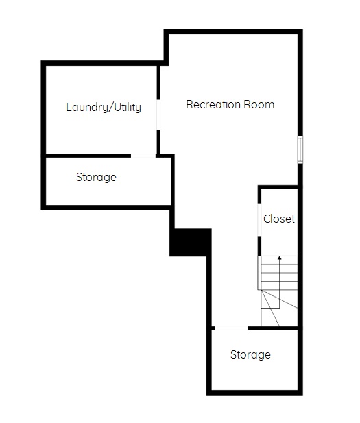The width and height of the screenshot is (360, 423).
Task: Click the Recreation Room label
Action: pos(230,104)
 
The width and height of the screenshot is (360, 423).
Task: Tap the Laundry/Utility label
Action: pos(104,107)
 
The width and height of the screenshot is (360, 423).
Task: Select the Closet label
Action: pos(279,219)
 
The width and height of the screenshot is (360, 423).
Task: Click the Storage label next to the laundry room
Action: pos(96,178)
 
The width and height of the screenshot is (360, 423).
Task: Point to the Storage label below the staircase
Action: pos(250,354)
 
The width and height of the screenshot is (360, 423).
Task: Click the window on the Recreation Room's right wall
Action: pos(300,150)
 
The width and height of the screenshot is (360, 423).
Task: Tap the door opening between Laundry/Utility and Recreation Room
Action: pos(158,114)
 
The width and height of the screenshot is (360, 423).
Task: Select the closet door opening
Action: pos(259,219)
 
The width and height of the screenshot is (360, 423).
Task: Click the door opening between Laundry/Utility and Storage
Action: pos(143,156)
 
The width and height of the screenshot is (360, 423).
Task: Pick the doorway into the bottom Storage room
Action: pos(231,328)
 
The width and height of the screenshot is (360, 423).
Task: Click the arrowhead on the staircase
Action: pos(280,258)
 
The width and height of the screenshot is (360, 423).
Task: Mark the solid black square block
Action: pos(190,242)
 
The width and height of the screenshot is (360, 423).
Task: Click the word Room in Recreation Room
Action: pos(259,104)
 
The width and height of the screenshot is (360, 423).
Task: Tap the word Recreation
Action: pos(213,104)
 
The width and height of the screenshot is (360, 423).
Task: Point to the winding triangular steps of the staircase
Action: pos(279,308)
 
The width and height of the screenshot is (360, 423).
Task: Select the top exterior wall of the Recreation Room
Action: pos(233,32)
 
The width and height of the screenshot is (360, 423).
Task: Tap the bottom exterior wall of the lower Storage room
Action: pos(254,393)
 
